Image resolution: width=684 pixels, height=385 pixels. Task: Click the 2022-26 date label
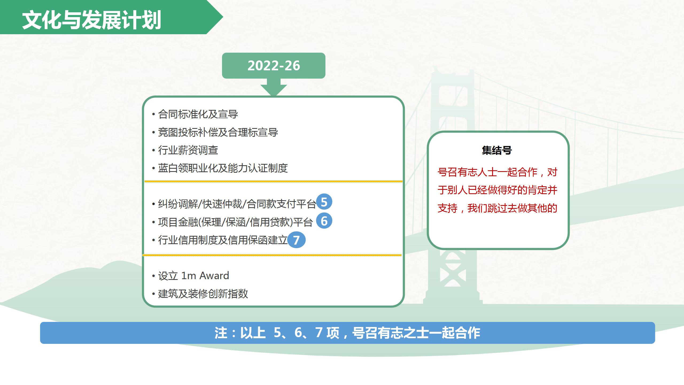274,66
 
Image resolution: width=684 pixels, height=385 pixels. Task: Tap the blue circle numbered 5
324,202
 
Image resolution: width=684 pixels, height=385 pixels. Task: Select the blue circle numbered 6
324,221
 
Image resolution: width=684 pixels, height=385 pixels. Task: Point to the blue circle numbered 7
296,240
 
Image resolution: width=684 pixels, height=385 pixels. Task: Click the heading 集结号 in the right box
497,150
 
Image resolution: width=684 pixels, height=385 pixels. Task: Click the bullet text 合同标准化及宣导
198,114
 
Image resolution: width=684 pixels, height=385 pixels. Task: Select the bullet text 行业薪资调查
188,150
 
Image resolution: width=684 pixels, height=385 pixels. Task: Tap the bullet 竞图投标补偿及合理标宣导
218,132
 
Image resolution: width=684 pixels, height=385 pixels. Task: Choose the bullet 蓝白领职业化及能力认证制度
223,168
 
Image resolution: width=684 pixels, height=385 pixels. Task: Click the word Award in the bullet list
214,276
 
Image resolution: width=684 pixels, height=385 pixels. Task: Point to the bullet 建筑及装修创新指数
203,294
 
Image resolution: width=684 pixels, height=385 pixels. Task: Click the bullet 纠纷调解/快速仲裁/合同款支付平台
237,204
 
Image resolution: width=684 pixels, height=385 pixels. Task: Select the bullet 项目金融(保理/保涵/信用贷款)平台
235,222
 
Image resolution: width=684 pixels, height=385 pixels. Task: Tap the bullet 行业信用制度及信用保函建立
223,240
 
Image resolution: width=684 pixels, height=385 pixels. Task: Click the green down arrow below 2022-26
274,87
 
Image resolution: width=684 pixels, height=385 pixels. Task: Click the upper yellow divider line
273,182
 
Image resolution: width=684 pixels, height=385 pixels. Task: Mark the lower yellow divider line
272,255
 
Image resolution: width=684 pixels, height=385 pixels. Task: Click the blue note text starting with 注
347,333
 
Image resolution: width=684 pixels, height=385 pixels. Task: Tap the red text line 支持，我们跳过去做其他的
497,208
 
